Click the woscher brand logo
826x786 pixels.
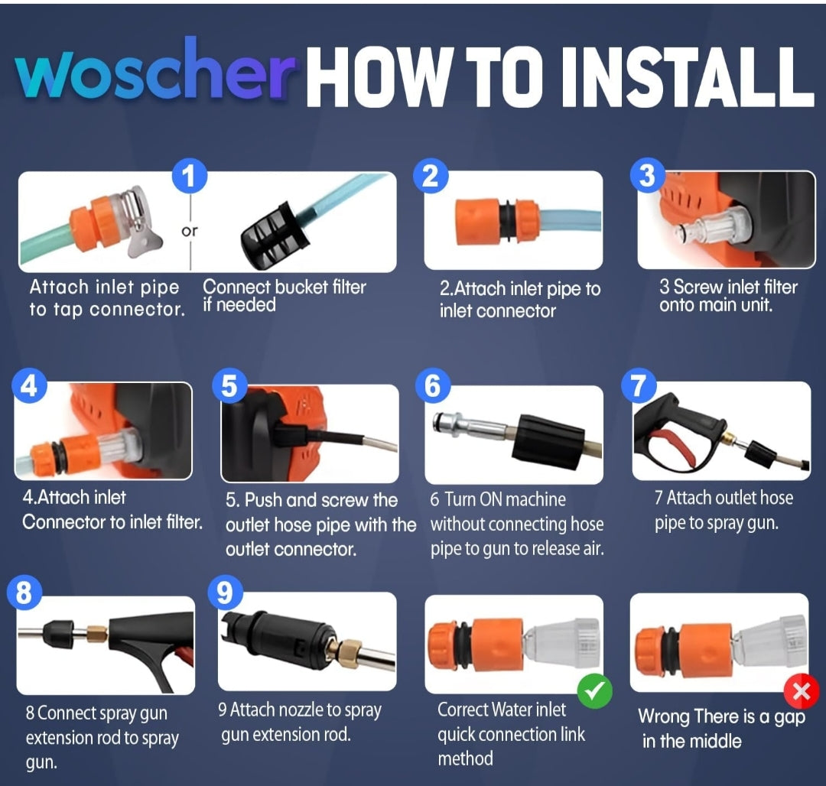coord(154,70)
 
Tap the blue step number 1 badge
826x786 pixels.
coord(190,176)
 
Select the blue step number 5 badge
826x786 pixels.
coord(229,386)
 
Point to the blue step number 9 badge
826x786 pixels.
coord(226,593)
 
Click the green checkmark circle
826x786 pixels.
coord(595,690)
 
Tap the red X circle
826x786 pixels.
coord(802,690)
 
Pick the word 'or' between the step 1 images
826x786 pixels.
coord(190,231)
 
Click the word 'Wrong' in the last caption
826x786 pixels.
coord(664,716)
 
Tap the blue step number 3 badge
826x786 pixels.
coord(648,175)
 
